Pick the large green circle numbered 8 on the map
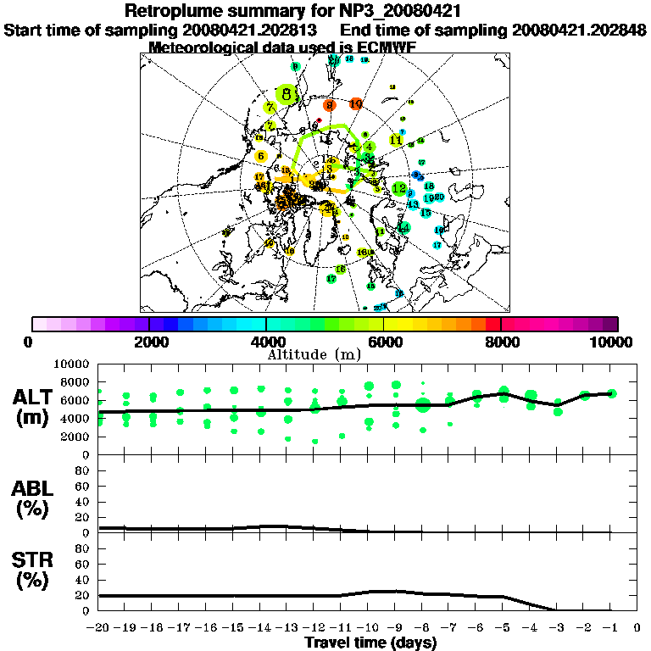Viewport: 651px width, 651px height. click(288, 95)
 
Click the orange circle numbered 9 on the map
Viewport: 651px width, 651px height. click(330, 105)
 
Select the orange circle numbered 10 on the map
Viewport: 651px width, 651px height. click(356, 103)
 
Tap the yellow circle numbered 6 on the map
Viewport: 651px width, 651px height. click(261, 156)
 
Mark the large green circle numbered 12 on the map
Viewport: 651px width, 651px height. click(399, 188)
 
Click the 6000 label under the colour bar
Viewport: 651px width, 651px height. click(383, 342)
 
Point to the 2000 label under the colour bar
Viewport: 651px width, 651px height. click(148, 342)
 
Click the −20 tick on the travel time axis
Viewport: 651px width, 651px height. click(99, 629)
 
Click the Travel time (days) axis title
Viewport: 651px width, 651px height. click(370, 643)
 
